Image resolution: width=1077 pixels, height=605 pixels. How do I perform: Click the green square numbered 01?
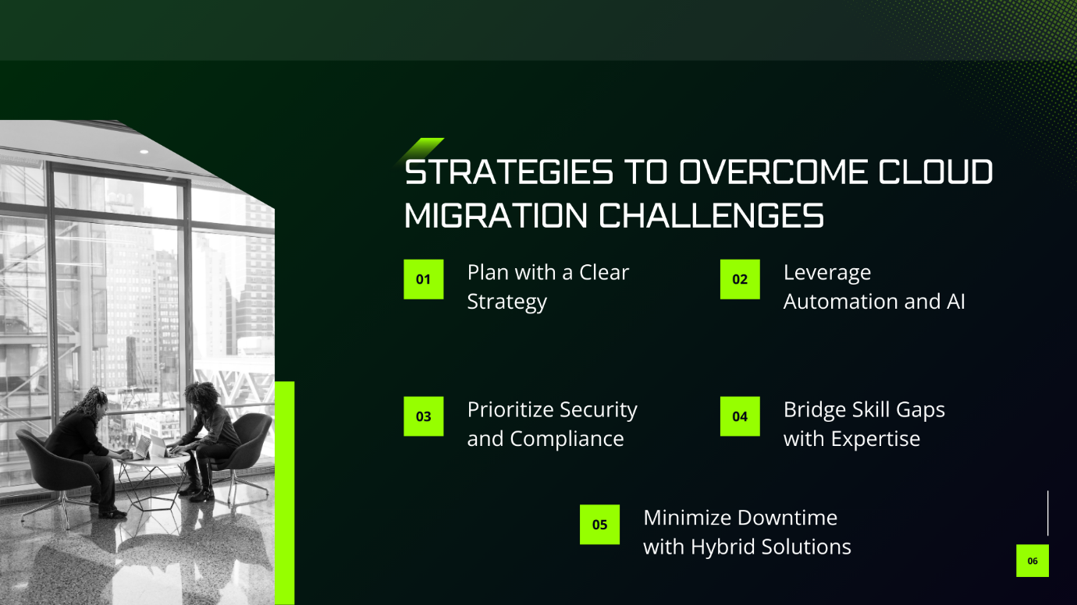coord(424,279)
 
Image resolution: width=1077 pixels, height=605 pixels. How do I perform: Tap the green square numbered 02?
coord(740,279)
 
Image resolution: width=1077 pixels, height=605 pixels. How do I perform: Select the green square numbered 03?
coord(424,416)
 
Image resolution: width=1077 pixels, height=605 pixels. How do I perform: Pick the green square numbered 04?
coord(740,416)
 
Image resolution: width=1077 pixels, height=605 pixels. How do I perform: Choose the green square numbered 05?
coord(599,525)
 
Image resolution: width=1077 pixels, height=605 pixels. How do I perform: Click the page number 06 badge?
coord(1033,561)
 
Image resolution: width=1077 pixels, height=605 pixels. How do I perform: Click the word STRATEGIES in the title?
coord(509,172)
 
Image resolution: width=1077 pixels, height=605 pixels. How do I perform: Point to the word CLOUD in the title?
coord(936,172)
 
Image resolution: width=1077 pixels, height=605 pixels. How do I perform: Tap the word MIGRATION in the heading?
coord(496,215)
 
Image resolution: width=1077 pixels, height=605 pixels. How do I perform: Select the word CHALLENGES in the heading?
coord(711,215)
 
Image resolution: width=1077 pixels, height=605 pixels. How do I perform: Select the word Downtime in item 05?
coord(788,518)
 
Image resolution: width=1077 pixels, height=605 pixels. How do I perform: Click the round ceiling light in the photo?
coord(144,152)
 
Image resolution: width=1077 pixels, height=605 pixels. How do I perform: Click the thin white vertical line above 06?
coord(1047,513)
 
